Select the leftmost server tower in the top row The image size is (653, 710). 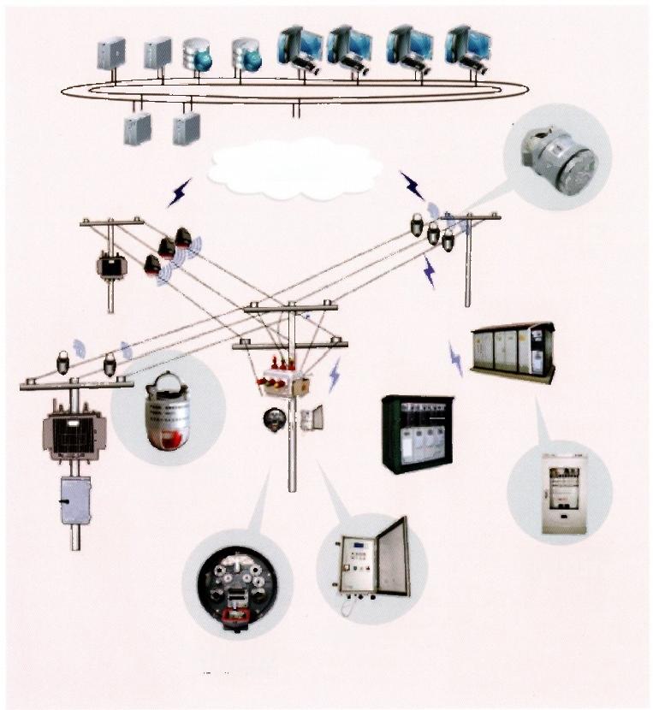[111, 53]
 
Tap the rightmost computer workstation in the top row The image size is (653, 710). [468, 49]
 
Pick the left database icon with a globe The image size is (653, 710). [197, 54]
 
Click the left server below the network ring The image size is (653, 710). [138, 128]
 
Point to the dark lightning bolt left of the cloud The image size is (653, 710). [179, 193]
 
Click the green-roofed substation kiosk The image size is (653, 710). [513, 350]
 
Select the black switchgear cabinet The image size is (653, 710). [417, 433]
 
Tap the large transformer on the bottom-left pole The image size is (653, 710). [74, 433]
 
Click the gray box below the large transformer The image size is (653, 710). [75, 500]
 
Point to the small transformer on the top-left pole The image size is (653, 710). [111, 267]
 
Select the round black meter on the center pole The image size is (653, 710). [276, 418]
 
